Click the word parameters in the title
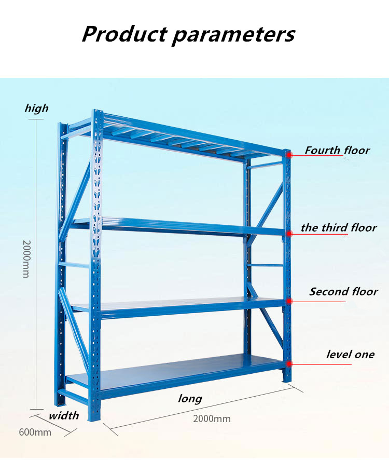point(233,35)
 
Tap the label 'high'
point(37,108)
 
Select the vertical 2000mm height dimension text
point(26,259)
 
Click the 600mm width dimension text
point(35,432)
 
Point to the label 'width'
point(64,415)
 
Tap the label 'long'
point(190,398)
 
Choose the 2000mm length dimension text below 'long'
point(212,418)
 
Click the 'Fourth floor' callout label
point(337,150)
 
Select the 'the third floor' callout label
point(339,227)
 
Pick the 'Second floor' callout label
point(343,291)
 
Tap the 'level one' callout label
point(350,354)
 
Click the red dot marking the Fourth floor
point(289,155)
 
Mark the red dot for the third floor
point(289,234)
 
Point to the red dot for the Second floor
point(289,301)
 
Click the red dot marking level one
point(289,364)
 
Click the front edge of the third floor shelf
point(192,228)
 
